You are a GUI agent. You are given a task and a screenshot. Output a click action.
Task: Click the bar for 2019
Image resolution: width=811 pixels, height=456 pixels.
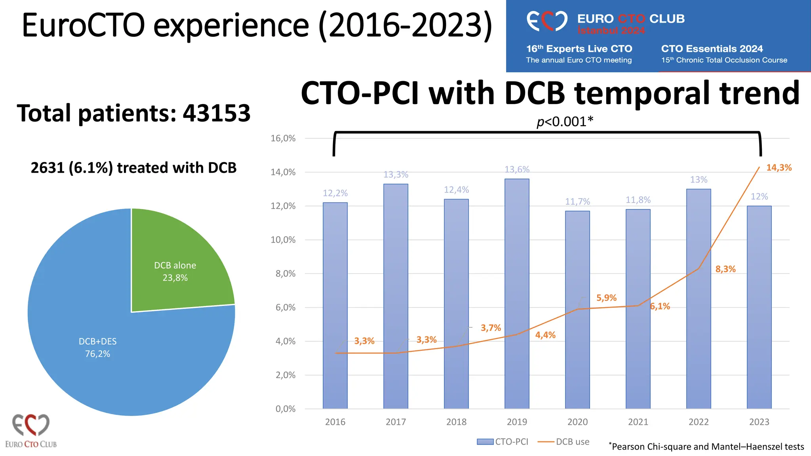[517, 293]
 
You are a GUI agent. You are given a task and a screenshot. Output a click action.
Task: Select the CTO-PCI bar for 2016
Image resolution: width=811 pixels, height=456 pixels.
[335, 305]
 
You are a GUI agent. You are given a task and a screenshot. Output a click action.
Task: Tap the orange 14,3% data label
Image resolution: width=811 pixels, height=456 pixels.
[779, 167]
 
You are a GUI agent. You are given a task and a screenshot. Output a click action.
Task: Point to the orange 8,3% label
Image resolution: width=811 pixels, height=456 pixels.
[725, 269]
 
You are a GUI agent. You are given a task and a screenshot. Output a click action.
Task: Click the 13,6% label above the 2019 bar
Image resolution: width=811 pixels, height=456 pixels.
[517, 169]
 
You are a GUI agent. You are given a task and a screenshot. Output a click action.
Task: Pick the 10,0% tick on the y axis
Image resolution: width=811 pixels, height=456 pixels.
[283, 240]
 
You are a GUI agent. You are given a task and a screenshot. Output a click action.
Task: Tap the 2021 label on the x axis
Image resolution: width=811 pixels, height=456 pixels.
[638, 422]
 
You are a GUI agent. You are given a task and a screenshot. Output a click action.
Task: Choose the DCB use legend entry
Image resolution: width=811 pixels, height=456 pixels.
[564, 442]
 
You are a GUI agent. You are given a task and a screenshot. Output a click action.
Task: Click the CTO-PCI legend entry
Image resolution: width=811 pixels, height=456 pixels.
[503, 442]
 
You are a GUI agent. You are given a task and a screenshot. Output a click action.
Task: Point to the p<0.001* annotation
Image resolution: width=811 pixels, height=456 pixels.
[565, 122]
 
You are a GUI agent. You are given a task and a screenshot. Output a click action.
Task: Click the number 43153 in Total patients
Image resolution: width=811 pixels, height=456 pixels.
[216, 113]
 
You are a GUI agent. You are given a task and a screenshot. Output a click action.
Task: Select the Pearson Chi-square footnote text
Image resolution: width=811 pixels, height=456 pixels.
[706, 446]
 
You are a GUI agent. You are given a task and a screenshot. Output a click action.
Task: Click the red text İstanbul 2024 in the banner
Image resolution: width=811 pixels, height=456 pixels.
[611, 30]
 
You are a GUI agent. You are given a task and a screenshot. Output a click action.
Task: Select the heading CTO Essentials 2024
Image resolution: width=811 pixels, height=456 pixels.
[712, 49]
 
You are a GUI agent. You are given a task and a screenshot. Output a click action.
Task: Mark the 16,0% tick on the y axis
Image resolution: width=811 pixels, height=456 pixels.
[283, 139]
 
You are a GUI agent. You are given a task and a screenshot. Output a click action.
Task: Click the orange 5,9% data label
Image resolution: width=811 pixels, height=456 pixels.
[606, 298]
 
